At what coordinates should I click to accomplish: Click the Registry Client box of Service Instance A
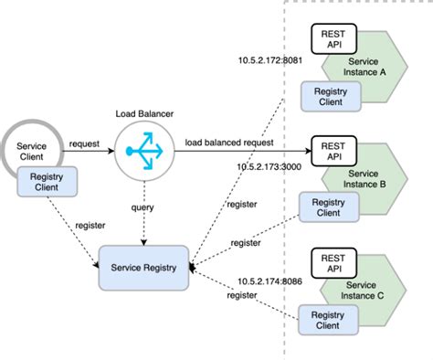pos(329,97)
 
